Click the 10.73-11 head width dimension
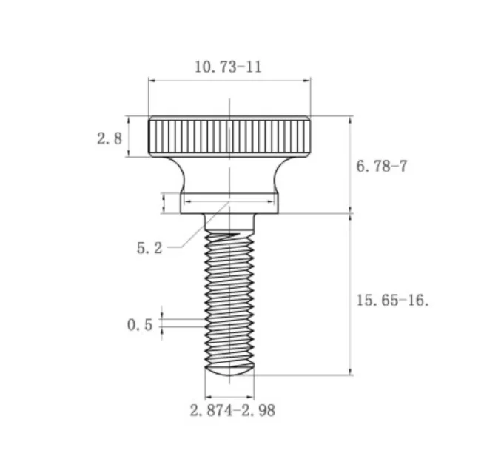[229, 67]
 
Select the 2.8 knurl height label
[110, 138]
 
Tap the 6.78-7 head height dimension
[382, 166]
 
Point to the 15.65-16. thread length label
[393, 300]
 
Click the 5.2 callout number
[149, 248]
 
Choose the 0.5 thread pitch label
[140, 325]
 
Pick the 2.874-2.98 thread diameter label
[232, 411]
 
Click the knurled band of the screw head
[229, 136]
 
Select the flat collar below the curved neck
[229, 203]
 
